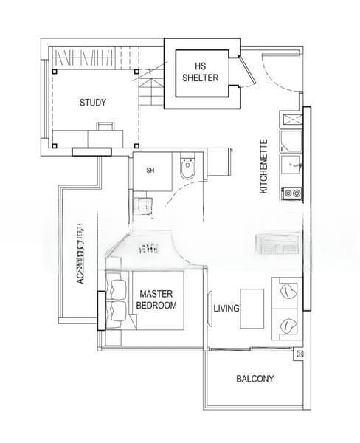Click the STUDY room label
click(93, 103)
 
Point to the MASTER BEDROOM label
click(158, 299)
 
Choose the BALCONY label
click(255, 379)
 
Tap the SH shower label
click(150, 171)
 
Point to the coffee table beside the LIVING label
click(252, 307)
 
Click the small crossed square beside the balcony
click(299, 354)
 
